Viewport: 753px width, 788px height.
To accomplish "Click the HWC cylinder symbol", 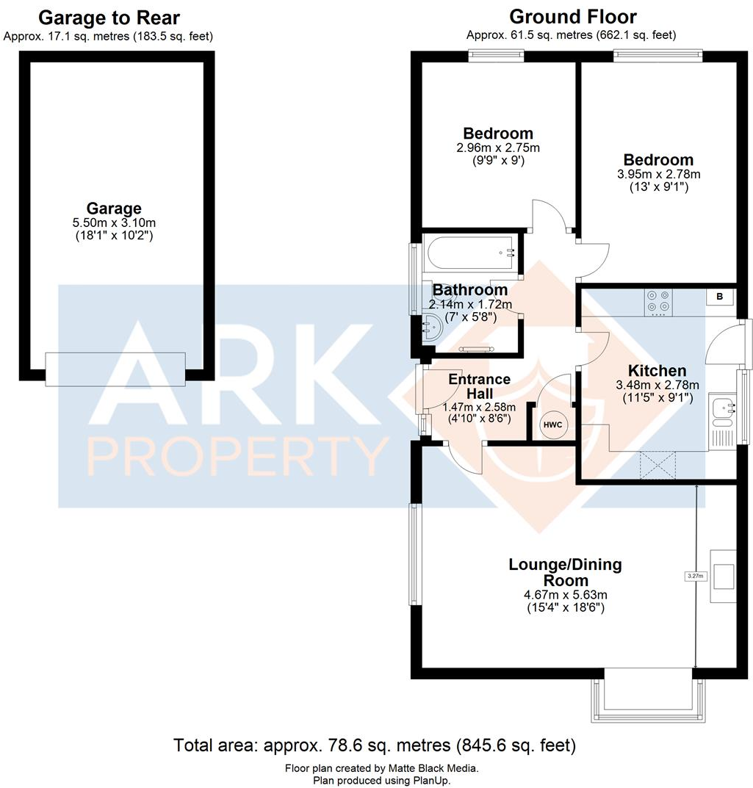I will (552, 424).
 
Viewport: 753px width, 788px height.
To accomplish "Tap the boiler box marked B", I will (719, 297).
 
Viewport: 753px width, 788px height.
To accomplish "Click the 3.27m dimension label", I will (695, 576).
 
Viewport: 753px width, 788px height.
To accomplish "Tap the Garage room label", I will (114, 209).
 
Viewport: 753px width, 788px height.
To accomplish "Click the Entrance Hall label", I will (479, 386).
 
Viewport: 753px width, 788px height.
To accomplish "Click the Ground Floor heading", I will (572, 16).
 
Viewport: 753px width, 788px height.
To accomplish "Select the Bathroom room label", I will (470, 290).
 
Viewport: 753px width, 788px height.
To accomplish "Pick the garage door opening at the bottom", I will (115, 369).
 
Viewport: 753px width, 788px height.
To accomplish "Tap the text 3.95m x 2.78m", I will (657, 174).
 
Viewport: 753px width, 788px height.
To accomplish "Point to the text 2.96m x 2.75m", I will (497, 147).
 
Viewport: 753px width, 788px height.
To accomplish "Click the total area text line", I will (375, 745).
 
